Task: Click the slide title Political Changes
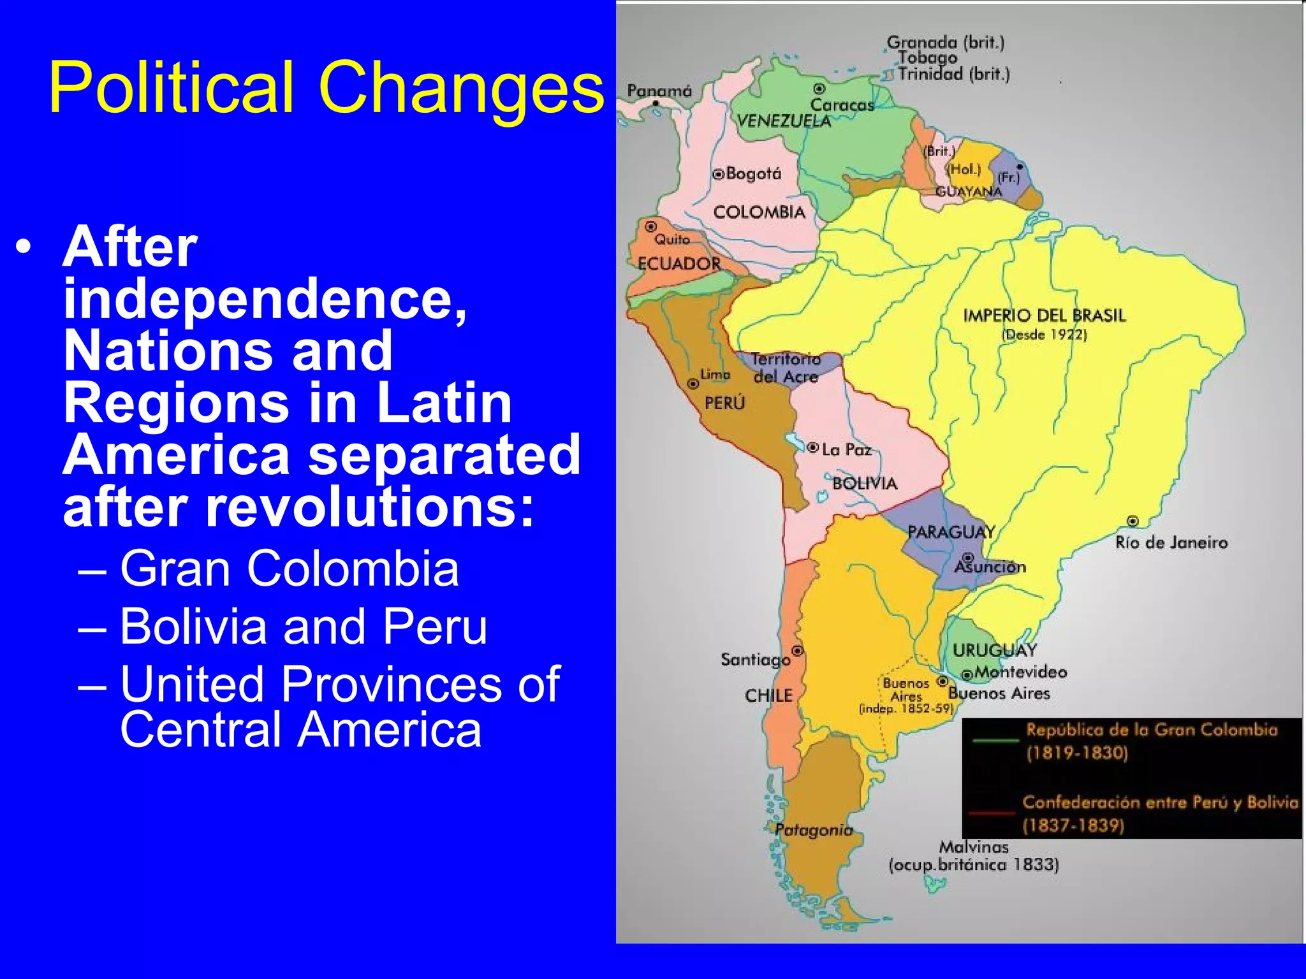[326, 87]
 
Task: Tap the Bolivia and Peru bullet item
[304, 626]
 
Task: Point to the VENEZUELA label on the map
[784, 121]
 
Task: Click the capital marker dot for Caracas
[819, 89]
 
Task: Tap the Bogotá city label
[753, 173]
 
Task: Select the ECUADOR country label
[679, 263]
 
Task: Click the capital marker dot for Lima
[693, 384]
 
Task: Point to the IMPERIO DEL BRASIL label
[1044, 315]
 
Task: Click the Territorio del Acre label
[786, 368]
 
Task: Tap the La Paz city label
[846, 449]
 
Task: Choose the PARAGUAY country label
[951, 532]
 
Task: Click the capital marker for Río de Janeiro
[1133, 521]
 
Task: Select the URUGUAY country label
[994, 650]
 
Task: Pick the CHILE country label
[768, 695]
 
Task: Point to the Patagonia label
[814, 829]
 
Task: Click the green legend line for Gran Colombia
[995, 741]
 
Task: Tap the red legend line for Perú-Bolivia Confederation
[992, 813]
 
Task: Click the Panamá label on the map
[659, 91]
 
